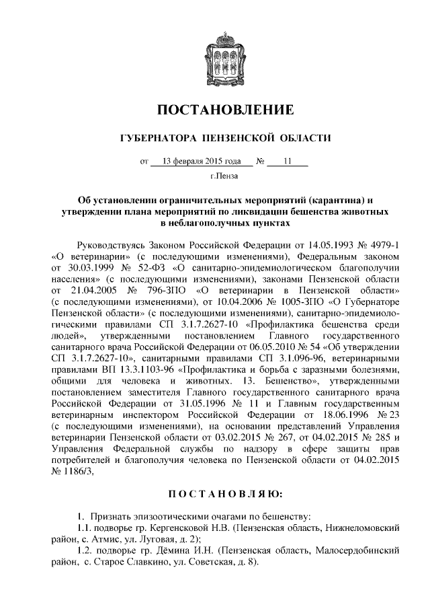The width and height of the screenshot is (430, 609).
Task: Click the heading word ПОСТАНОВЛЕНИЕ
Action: pyautogui.click(x=225, y=110)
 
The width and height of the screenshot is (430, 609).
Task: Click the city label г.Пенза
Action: pyautogui.click(x=224, y=177)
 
